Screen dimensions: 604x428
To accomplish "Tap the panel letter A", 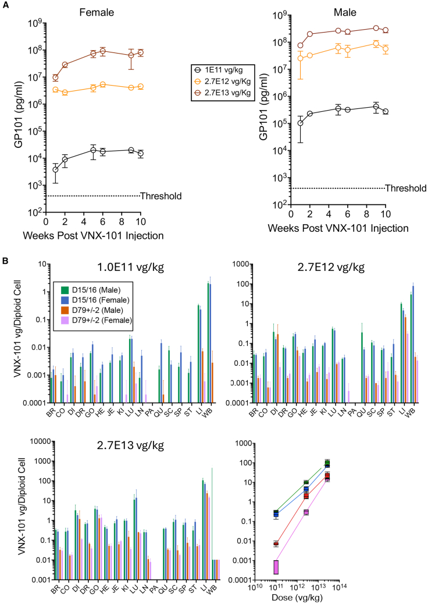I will pos(5,5).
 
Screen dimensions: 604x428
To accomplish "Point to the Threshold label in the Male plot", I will pos(406,188).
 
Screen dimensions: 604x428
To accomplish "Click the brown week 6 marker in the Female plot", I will pos(103,51).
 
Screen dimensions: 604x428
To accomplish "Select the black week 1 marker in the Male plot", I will pos(300,123).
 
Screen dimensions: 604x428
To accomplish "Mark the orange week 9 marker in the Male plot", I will pos(376,44).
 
